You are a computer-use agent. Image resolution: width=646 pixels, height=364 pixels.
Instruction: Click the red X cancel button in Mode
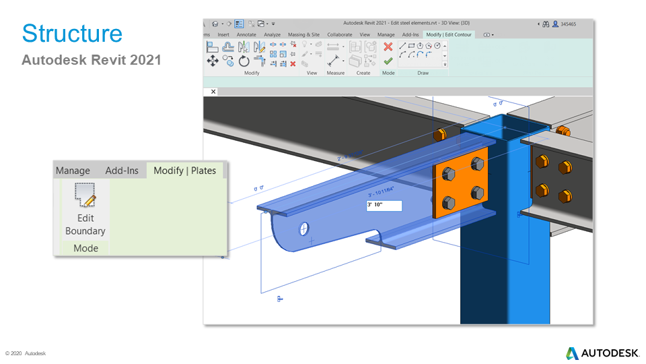pyautogui.click(x=388, y=47)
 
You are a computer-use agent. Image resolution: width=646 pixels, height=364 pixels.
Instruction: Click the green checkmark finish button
pyautogui.click(x=388, y=61)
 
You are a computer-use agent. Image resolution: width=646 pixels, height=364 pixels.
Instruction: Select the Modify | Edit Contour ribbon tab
pyautogui.click(x=449, y=34)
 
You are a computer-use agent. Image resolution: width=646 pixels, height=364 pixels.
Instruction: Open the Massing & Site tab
pyautogui.click(x=303, y=34)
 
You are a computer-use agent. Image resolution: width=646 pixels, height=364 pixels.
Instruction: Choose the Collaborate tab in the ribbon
pyautogui.click(x=339, y=34)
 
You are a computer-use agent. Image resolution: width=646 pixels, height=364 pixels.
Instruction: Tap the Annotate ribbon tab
pyautogui.click(x=246, y=34)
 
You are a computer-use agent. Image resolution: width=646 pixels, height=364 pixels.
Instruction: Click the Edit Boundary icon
pyautogui.click(x=85, y=195)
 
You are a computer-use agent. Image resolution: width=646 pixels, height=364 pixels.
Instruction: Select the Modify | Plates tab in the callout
pyautogui.click(x=184, y=171)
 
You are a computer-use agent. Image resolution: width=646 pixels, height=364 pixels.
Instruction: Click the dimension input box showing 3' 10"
pyautogui.click(x=384, y=206)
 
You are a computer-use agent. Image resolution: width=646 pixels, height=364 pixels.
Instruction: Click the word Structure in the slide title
pyautogui.click(x=72, y=34)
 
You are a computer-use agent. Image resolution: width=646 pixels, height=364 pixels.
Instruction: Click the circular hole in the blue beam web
pyautogui.click(x=304, y=229)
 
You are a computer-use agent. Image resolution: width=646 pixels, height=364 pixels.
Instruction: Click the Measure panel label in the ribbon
pyautogui.click(x=335, y=73)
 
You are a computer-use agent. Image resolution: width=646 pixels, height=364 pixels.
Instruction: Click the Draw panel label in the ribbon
pyautogui.click(x=423, y=73)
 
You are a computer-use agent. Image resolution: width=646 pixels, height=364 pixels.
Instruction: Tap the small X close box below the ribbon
pyautogui.click(x=213, y=91)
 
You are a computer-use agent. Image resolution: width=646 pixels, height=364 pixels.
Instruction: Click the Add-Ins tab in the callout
pyautogui.click(x=122, y=171)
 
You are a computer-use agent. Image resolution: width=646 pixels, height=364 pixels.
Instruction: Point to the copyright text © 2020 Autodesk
pyautogui.click(x=26, y=353)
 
